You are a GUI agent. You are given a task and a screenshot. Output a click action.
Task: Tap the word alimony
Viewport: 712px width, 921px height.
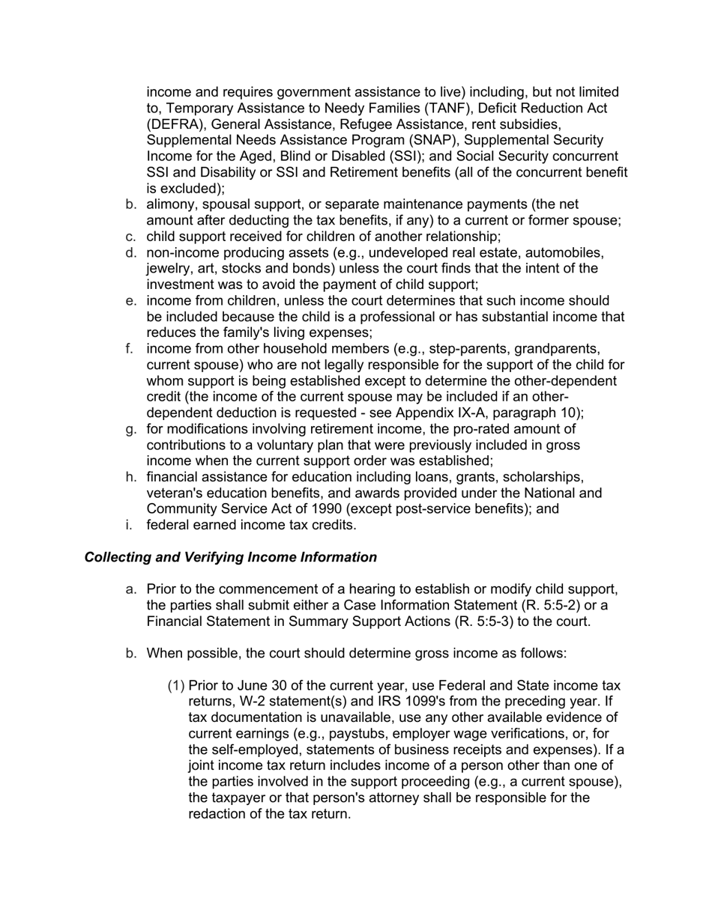173,204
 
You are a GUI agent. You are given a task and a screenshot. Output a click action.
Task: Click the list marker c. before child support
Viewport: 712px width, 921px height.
130,237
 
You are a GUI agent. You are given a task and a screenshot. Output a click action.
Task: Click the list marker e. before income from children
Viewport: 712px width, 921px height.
130,301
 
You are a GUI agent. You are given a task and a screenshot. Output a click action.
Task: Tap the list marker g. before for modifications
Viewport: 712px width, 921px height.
130,429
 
